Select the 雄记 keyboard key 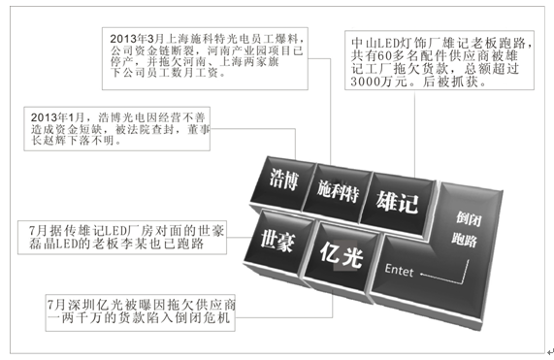pos(397,204)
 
